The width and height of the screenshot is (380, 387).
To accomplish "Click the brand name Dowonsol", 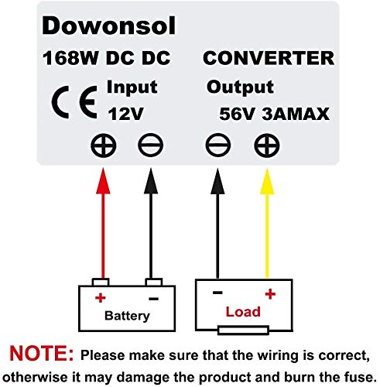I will (109, 26).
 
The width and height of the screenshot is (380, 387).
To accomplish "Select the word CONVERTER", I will (268, 59).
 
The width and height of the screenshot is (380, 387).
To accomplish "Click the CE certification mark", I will (70, 102).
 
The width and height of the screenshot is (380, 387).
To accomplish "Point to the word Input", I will (132, 86).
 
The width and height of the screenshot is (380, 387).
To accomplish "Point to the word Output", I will (240, 87).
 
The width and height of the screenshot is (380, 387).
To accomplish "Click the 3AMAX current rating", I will (297, 115).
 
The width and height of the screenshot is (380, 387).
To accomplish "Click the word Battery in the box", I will (126, 316).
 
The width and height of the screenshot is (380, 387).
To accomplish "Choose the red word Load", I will (242, 313).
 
